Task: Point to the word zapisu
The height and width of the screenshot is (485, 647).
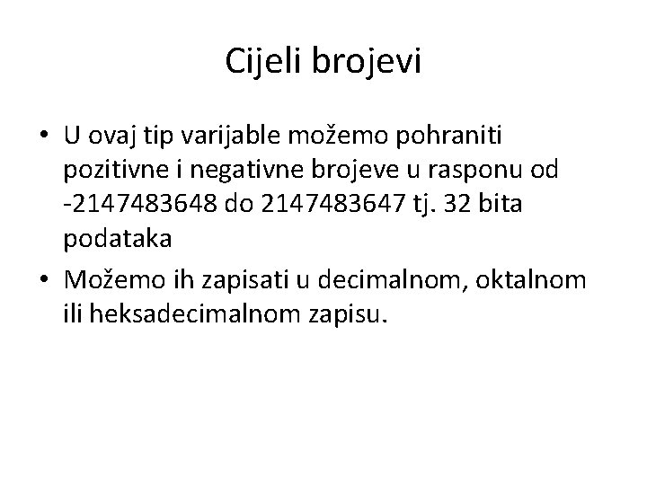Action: (x=353, y=313)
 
